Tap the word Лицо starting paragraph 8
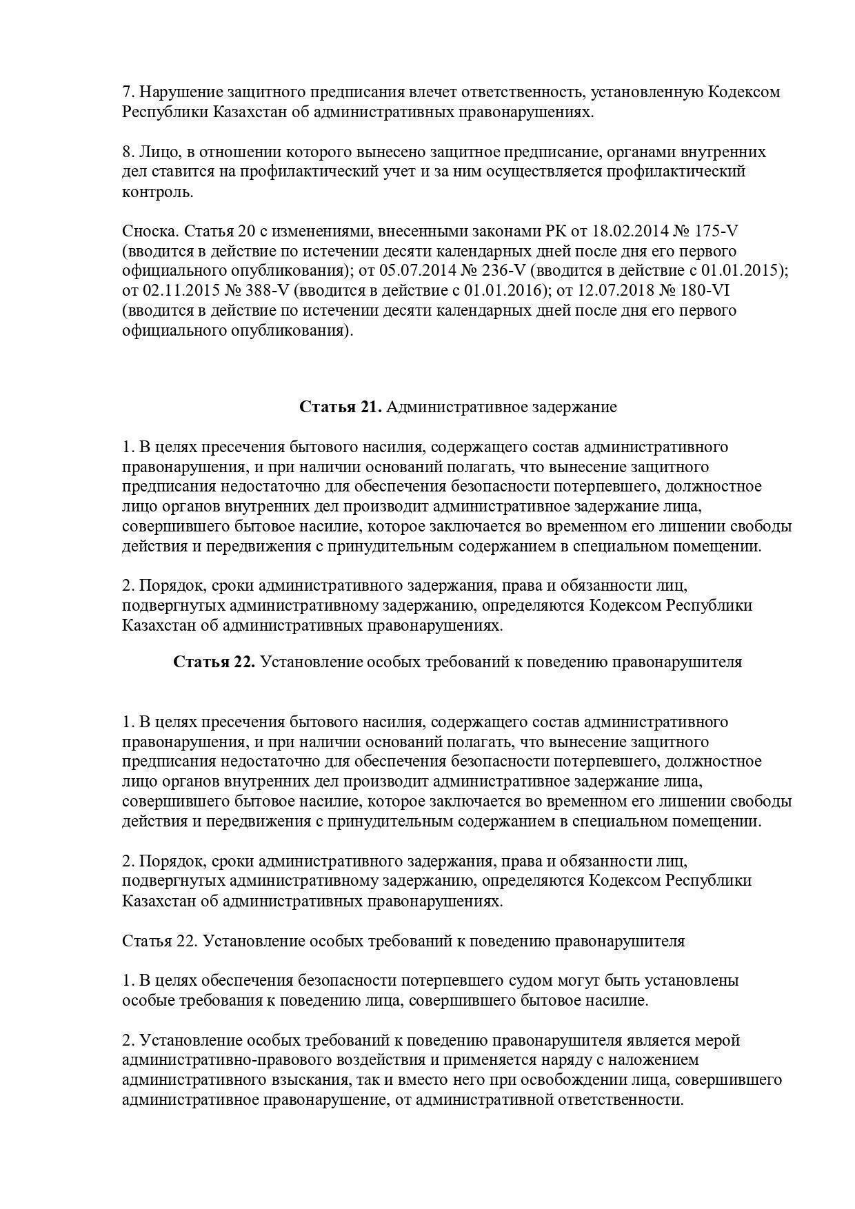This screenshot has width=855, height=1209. tap(161, 152)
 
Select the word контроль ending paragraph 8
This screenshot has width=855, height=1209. tap(157, 192)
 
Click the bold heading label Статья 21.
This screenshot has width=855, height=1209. tap(341, 407)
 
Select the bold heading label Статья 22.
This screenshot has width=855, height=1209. tap(214, 662)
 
